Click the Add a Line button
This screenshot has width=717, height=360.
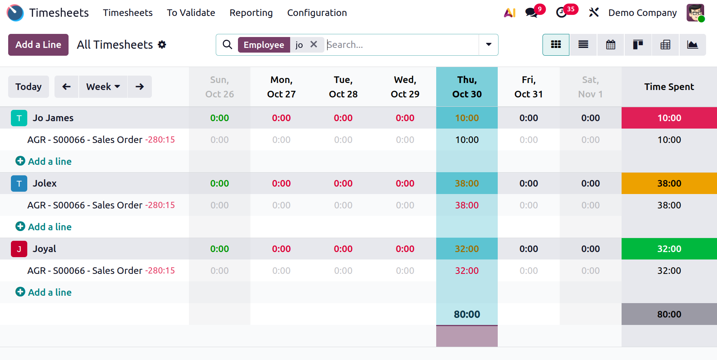tap(38, 45)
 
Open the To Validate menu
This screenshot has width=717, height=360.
tap(191, 13)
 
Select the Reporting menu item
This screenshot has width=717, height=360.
tap(251, 13)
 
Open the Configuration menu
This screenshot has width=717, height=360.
tap(317, 13)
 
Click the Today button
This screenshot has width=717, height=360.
tap(28, 86)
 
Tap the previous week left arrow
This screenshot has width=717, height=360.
tap(67, 86)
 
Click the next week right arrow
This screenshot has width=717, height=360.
tap(139, 86)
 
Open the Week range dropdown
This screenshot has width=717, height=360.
tap(103, 86)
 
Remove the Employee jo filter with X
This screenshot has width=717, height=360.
tap(314, 45)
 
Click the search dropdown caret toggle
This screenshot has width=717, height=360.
tap(488, 45)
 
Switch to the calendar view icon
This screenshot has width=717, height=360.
tap(610, 45)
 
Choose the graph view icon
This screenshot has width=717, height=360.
tap(692, 45)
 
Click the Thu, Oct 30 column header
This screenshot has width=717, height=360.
tap(467, 87)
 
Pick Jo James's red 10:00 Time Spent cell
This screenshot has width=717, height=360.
tap(669, 118)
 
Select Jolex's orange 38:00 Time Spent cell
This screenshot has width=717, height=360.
tap(669, 184)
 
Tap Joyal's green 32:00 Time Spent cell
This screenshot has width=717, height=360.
tap(669, 249)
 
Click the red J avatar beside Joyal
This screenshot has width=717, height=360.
tap(19, 249)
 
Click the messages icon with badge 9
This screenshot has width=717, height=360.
tap(531, 12)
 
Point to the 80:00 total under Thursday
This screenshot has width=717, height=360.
tap(467, 314)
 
